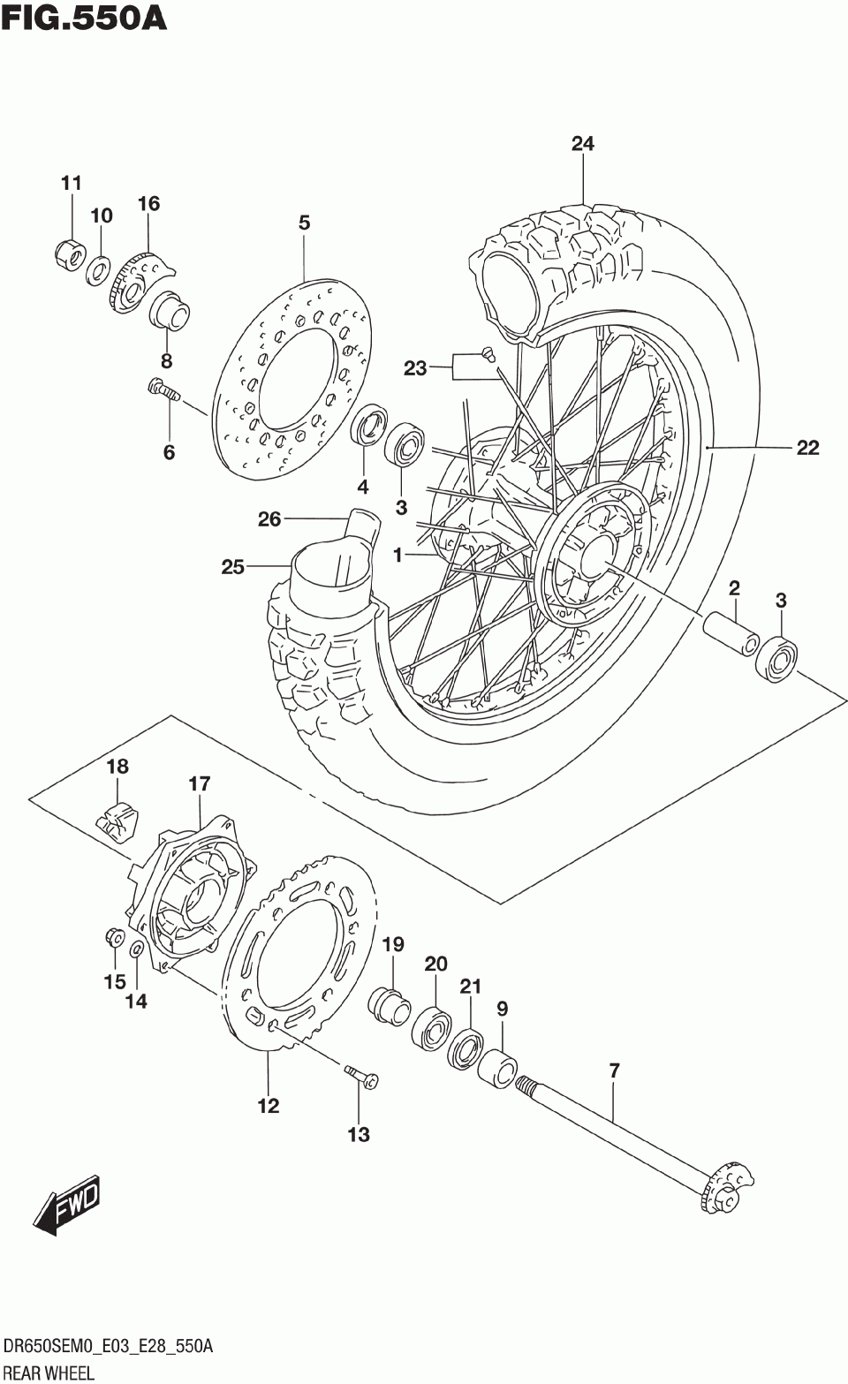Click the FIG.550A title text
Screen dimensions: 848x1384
pyautogui.click(x=83, y=19)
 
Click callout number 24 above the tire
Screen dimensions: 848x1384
pyautogui.click(x=582, y=144)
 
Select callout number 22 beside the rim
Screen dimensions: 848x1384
pyautogui.click(x=807, y=447)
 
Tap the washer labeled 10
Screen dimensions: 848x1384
pyautogui.click(x=98, y=268)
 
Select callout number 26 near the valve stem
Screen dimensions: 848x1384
pyautogui.click(x=269, y=519)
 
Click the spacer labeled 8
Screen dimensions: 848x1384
pyautogui.click(x=168, y=312)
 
